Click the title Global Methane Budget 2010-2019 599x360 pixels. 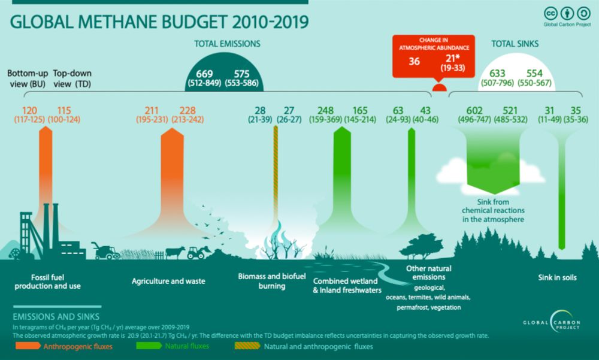[x=160, y=22]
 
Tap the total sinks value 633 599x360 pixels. [x=498, y=72]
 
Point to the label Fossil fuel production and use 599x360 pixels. [x=56, y=282]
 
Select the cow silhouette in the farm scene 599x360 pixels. [x=176, y=252]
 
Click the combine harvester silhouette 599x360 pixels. [x=107, y=251]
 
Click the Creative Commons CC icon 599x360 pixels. [x=550, y=13]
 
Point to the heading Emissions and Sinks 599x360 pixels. [x=56, y=316]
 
